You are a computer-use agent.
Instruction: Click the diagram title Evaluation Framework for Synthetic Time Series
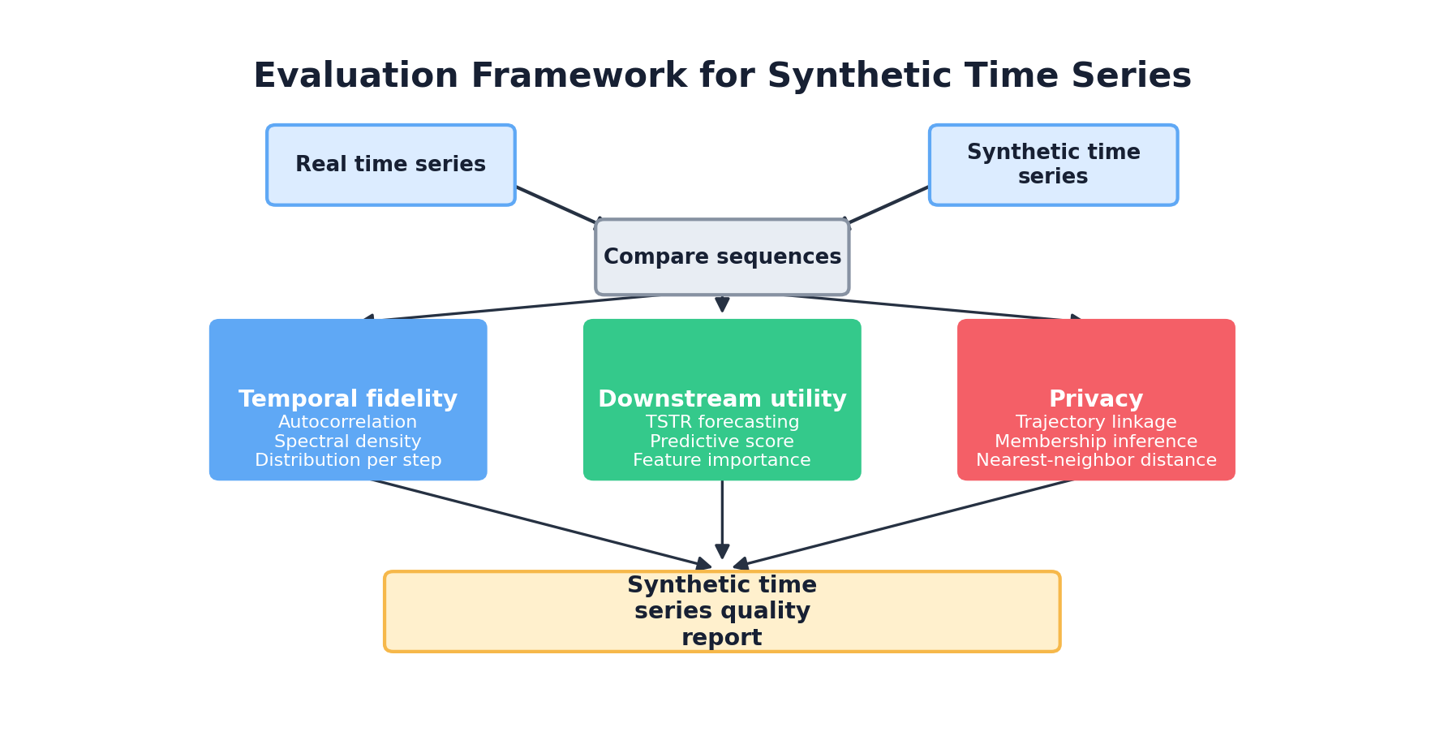coord(722,76)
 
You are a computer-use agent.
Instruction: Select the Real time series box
coord(390,165)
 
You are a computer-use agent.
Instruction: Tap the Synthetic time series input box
coord(1053,165)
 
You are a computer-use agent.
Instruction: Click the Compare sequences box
coord(722,257)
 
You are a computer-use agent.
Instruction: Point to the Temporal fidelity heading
coord(348,399)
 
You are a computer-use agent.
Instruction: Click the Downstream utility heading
coord(722,399)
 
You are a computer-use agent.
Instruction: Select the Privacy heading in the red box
coord(1095,399)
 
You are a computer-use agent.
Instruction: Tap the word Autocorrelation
coord(348,423)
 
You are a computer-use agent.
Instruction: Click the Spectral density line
coord(348,442)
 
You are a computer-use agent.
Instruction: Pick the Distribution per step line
coord(348,461)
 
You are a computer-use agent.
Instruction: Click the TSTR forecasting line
coord(722,423)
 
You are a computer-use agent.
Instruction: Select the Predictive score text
coord(722,442)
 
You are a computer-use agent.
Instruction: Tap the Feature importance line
coord(722,461)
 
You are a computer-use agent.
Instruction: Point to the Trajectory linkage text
coord(1096,423)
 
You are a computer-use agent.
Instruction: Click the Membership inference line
coord(1096,442)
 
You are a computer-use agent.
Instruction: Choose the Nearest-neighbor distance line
coord(1096,461)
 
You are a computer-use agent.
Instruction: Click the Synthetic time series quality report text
coord(722,611)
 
